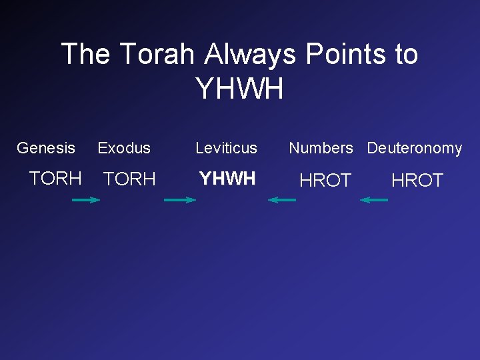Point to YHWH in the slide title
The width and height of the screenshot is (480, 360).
239,89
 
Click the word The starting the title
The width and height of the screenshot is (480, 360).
86,54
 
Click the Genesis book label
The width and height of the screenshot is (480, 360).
46,148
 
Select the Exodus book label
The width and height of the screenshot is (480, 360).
124,148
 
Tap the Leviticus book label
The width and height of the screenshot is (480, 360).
226,148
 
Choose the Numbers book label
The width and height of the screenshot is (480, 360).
321,148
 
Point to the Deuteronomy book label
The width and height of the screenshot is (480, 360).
414,148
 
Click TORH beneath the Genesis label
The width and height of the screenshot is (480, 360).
55,178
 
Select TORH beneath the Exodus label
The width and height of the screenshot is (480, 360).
129,179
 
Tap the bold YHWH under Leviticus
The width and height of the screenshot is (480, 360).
227,179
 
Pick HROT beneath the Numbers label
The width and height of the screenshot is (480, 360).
325,180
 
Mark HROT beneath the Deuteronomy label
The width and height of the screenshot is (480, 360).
417,180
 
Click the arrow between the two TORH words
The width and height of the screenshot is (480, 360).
85,199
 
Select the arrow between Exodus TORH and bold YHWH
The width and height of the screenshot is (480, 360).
180,199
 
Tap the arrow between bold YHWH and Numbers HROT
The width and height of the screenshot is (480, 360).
282,199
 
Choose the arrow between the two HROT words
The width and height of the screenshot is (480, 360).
374,199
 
